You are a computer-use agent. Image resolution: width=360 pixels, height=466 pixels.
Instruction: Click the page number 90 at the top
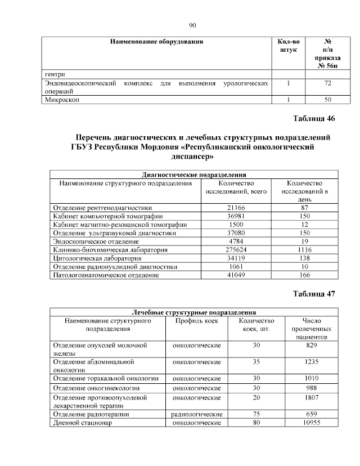(x=192, y=25)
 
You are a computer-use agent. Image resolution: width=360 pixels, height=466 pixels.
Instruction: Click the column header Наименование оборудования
(x=156, y=42)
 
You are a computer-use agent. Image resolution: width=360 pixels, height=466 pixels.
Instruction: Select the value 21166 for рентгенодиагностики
(x=236, y=208)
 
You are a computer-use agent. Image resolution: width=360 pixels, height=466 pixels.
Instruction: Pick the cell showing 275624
(x=236, y=249)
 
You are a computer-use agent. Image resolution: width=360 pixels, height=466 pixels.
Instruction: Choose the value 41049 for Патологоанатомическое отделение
(x=236, y=275)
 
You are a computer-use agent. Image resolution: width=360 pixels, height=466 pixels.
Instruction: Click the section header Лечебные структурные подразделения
(x=193, y=312)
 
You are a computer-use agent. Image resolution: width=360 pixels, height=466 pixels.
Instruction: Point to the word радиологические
(x=196, y=414)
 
